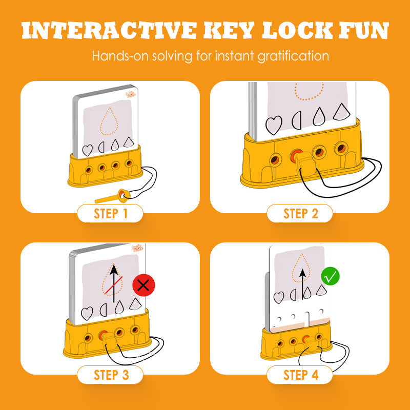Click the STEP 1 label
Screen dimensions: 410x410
[110, 213]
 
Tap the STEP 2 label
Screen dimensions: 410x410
[300, 213]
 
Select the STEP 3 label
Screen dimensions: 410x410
[110, 375]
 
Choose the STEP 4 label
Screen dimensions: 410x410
[300, 375]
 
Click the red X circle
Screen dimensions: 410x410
[143, 286]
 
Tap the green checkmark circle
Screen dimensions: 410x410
[331, 277]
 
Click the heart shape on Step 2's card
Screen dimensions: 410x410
[274, 125]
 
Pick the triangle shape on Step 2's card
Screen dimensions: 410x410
[340, 112]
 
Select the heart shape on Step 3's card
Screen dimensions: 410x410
[88, 312]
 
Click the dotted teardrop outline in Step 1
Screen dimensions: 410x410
[109, 122]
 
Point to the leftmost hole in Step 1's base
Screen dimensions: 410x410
[89, 169]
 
